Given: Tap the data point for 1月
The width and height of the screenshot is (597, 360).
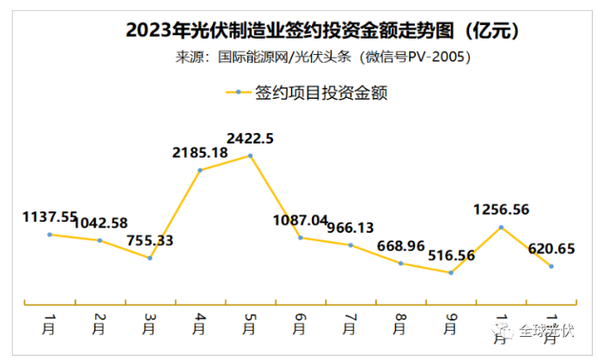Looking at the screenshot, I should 50,234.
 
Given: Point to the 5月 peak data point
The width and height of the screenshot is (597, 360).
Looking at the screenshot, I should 250,156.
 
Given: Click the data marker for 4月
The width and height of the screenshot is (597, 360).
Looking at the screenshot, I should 200,170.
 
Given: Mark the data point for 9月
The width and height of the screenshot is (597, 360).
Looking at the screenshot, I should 450,272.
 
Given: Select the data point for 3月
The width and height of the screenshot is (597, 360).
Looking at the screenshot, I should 150,258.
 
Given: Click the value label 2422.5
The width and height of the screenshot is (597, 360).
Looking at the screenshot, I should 250,137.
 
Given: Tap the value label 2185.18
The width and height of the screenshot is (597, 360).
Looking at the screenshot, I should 200,153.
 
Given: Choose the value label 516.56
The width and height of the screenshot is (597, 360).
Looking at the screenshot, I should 451,255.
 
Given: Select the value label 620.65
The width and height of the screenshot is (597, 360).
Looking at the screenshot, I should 551,249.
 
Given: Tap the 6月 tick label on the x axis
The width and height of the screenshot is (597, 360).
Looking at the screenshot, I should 301,324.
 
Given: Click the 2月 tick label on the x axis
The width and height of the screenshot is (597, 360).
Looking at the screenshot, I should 100,324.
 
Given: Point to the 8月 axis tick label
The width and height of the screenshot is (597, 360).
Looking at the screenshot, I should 400,324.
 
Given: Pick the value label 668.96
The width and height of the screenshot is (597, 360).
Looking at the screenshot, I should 400,245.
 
